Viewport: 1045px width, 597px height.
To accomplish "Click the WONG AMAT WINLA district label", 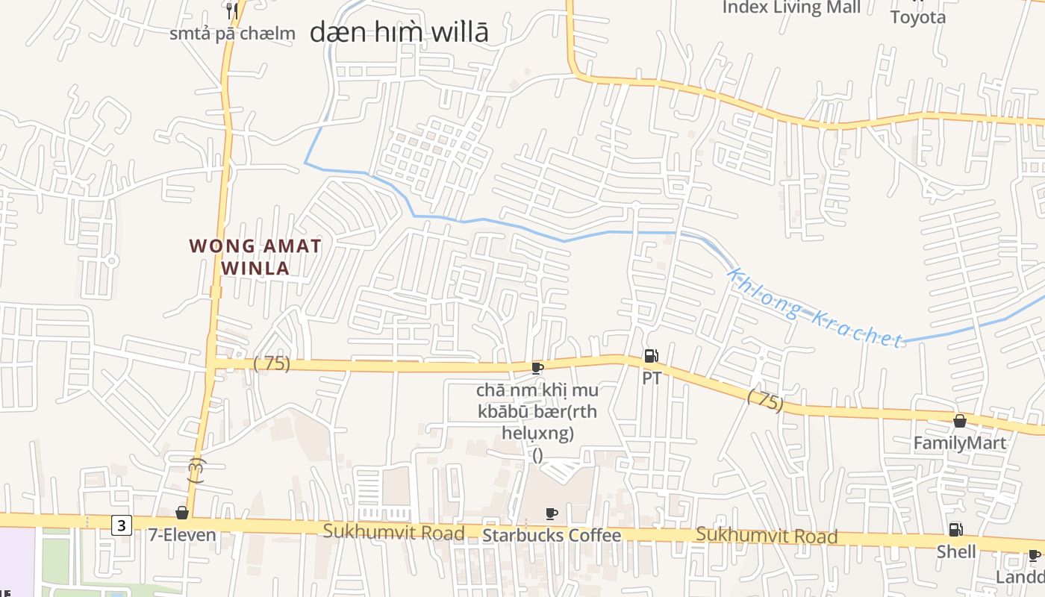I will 255,257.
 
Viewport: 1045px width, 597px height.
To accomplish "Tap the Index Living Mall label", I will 791,7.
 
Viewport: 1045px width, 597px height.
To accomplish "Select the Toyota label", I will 918,17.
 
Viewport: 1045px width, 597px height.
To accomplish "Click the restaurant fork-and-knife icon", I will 232,10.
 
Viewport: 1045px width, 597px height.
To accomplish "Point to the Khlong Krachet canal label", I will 815,308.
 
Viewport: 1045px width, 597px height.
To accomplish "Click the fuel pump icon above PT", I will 651,357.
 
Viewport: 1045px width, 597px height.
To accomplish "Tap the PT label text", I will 651,378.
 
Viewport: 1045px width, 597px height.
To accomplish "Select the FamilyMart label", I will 960,443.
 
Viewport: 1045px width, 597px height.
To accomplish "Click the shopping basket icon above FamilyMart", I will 960,422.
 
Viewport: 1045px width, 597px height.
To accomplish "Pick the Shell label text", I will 956,551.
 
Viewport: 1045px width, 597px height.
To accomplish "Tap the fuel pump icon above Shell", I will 955,530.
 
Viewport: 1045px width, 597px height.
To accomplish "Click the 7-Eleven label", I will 182,534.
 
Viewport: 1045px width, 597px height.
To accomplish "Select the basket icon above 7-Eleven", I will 181,513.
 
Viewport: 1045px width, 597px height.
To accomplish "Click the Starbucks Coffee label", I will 552,535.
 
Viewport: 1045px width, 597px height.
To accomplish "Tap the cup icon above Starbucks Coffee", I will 552,513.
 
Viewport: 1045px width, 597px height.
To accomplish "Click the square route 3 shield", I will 122,525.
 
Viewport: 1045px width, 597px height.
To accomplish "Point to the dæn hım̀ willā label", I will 399,33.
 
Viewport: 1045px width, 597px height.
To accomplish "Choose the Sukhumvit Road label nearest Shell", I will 767,535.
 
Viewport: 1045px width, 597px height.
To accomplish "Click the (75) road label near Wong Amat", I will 272,364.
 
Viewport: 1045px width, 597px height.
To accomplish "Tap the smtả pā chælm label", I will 232,34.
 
